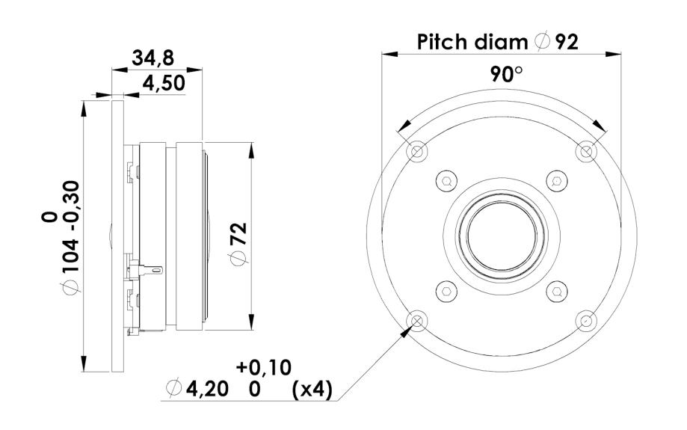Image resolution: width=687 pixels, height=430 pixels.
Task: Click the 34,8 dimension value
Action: (153, 58)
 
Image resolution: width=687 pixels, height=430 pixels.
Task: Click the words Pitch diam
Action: (472, 42)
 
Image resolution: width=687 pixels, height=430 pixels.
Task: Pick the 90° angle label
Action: (505, 74)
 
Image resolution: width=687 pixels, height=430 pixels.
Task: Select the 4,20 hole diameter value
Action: (207, 388)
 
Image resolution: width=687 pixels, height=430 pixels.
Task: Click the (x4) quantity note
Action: (312, 389)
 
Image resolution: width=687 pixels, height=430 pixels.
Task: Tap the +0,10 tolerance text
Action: (264, 367)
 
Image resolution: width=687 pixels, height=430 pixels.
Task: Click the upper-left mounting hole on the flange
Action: (416, 152)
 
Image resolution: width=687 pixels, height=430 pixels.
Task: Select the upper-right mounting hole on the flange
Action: (586, 152)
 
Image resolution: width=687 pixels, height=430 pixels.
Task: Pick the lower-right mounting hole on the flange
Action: (586, 321)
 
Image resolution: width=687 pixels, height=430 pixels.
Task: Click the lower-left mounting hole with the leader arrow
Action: (416, 321)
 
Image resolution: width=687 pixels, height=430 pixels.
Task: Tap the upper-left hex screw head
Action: (446, 181)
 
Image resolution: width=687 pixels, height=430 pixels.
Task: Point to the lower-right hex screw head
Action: (556, 291)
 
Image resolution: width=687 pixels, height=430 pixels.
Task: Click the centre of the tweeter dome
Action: (501, 236)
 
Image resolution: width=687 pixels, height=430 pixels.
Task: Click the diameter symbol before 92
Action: (543, 42)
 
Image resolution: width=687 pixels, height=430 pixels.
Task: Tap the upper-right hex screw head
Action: (556, 181)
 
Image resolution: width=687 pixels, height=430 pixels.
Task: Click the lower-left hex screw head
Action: (446, 291)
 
